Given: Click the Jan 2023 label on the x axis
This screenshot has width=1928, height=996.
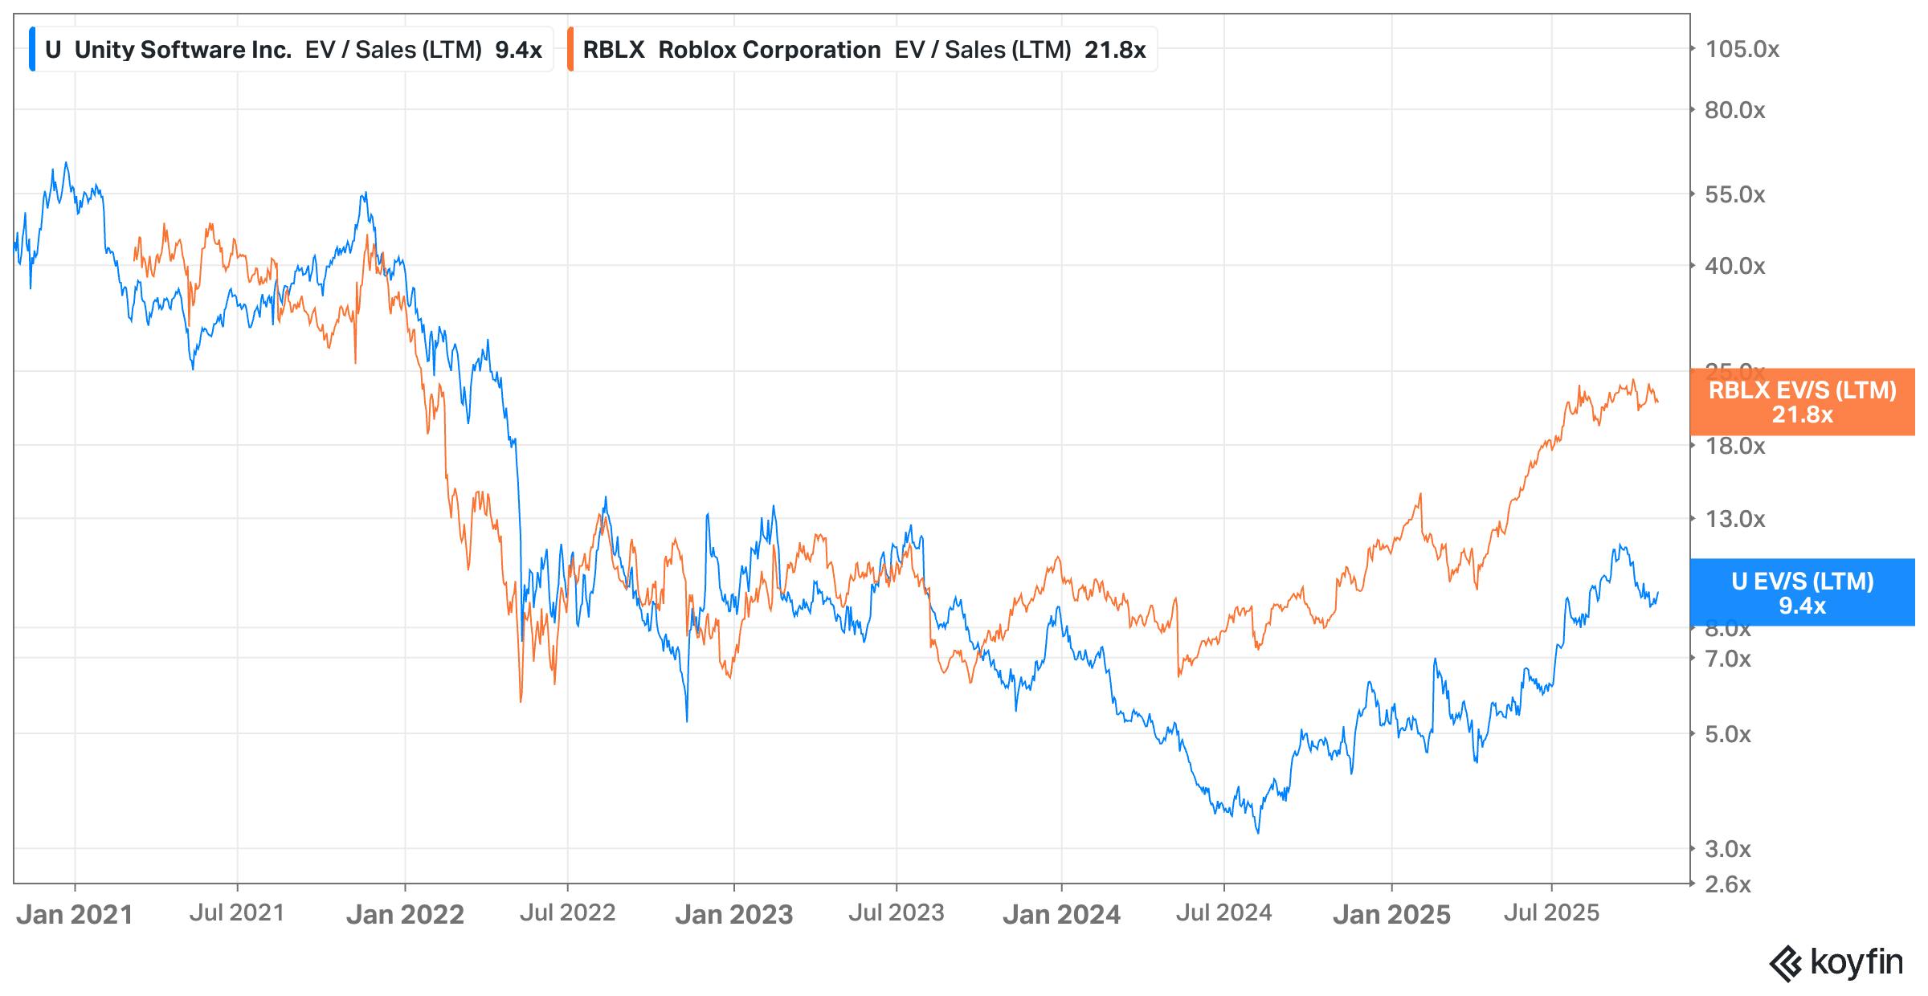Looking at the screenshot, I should click(733, 915).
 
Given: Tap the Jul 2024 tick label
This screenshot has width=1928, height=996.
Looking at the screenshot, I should click(1223, 913).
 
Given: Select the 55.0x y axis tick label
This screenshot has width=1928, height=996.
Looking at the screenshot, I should click(1735, 195).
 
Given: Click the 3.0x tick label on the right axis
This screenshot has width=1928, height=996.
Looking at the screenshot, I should click(1728, 849).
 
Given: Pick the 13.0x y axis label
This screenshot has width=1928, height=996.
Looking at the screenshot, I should click(1735, 520).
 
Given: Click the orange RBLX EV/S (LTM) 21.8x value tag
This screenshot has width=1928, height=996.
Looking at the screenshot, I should click(1802, 402).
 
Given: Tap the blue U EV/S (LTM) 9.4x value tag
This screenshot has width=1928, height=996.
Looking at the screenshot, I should click(1802, 593).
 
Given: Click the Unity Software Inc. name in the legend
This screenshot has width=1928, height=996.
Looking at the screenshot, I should click(183, 50).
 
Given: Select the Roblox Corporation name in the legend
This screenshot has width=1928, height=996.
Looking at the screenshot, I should click(770, 50).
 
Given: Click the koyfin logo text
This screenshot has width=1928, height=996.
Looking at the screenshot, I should click(1857, 961).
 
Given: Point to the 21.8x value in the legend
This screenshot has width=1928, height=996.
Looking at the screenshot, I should click(1115, 50).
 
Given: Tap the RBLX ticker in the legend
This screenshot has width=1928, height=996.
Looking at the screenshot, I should click(614, 50).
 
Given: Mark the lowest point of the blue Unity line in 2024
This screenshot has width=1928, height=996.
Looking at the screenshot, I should click(1257, 832).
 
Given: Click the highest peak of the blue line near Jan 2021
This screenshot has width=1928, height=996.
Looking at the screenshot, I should click(66, 163).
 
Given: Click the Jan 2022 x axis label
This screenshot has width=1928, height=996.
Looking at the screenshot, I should click(405, 915).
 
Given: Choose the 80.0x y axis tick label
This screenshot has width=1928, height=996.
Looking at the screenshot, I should click(1735, 111).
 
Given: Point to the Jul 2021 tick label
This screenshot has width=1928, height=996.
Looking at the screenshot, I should click(237, 913).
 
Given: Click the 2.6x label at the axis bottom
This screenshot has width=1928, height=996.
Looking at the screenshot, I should click(1728, 885).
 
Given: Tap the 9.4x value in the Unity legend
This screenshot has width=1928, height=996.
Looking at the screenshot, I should click(518, 50).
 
